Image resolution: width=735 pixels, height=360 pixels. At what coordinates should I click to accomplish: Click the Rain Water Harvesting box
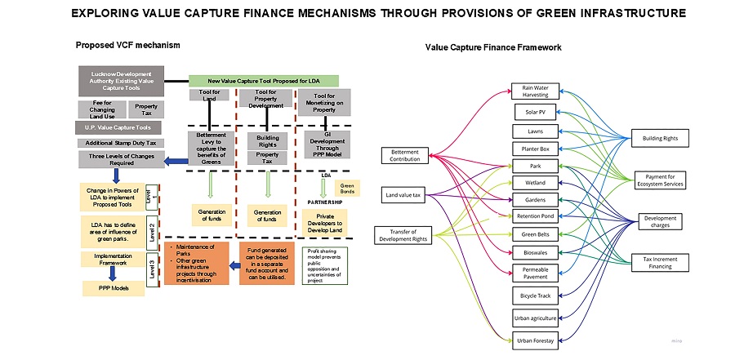click(536, 90)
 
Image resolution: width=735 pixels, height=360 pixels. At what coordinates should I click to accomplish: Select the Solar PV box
click(535, 110)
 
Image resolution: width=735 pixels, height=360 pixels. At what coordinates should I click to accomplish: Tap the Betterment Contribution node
click(406, 154)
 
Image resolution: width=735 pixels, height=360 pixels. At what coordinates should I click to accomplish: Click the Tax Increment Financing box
click(661, 261)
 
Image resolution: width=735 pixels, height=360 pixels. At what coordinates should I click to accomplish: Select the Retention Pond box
click(536, 216)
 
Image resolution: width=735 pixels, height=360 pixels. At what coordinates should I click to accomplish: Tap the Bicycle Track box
click(536, 294)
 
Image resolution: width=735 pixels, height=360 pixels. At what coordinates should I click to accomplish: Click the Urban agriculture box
click(536, 316)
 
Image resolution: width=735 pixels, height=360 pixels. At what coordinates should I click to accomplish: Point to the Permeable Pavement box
click(536, 272)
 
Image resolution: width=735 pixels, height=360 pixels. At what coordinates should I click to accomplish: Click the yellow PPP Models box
click(113, 288)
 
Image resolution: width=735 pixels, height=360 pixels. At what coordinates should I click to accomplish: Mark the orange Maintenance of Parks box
click(197, 262)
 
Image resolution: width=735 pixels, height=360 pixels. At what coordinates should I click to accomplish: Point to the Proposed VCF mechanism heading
click(127, 45)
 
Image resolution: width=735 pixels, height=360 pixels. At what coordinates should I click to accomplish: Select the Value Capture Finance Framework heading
click(493, 47)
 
